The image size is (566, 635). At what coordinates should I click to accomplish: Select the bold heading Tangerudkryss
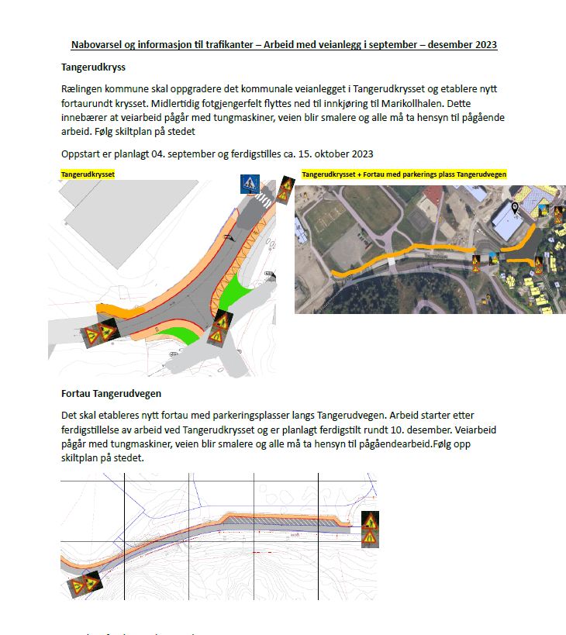pos(93,67)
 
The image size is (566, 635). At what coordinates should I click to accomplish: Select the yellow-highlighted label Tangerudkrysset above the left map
pos(88,175)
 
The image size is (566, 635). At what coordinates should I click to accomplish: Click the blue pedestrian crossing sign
pos(250,185)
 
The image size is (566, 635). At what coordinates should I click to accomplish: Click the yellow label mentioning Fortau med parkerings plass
pos(404,175)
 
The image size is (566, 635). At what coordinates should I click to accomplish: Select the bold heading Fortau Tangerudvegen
pos(111,394)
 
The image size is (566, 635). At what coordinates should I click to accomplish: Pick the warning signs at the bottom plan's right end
pos(371,529)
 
